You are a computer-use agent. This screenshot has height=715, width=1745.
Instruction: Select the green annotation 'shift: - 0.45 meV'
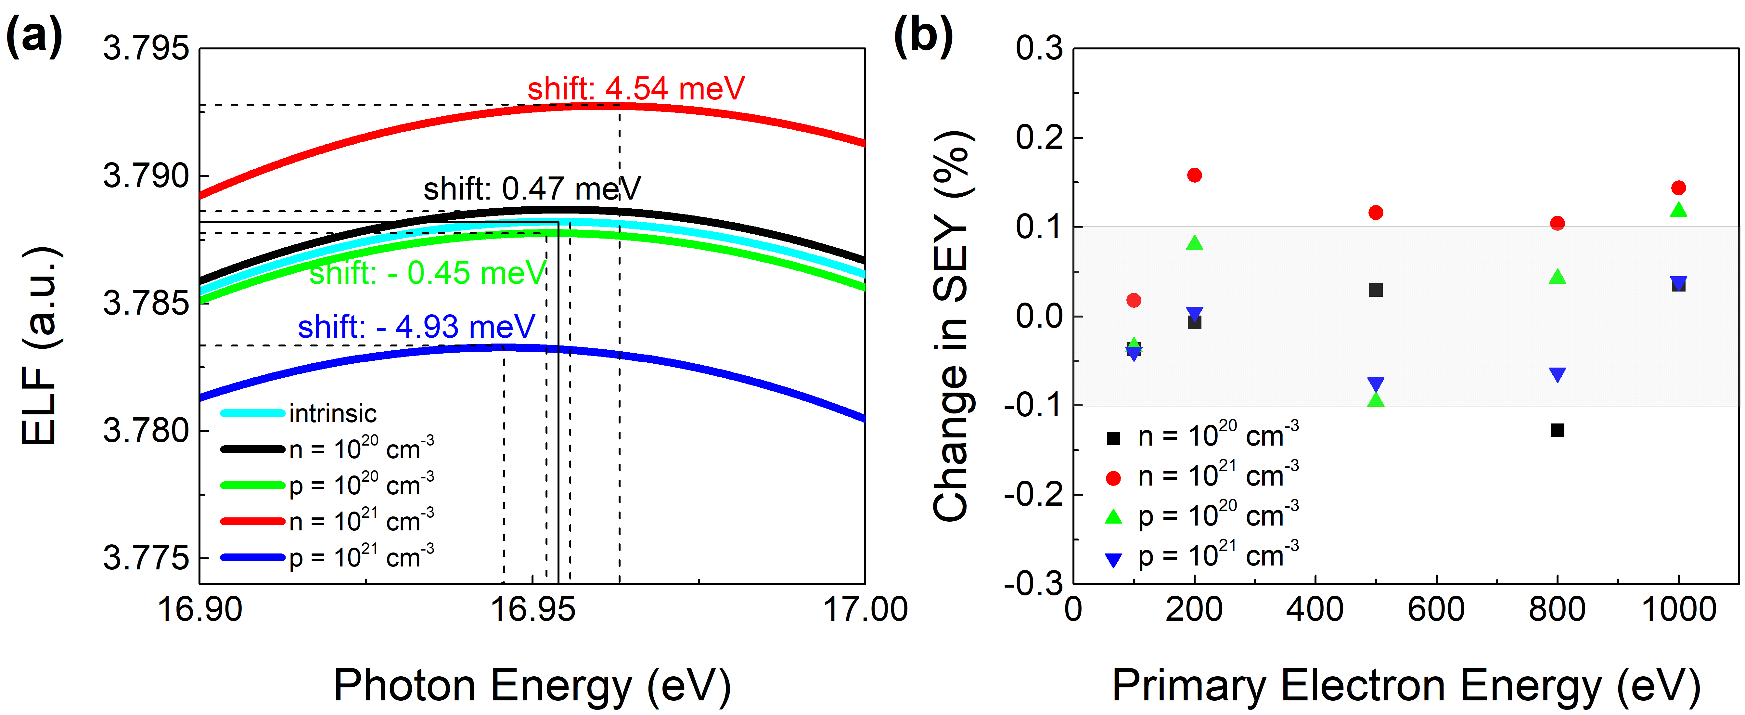(x=428, y=273)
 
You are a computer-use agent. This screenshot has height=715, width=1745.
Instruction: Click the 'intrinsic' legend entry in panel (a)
(x=332, y=413)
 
